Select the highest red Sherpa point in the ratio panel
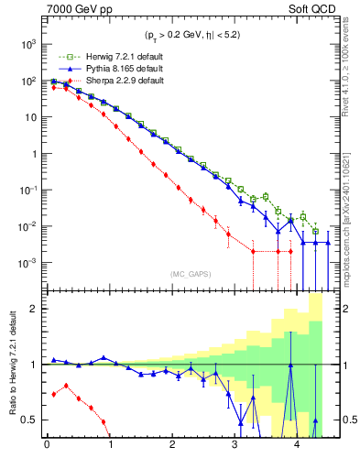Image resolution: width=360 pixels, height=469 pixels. [x=66, y=385]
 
